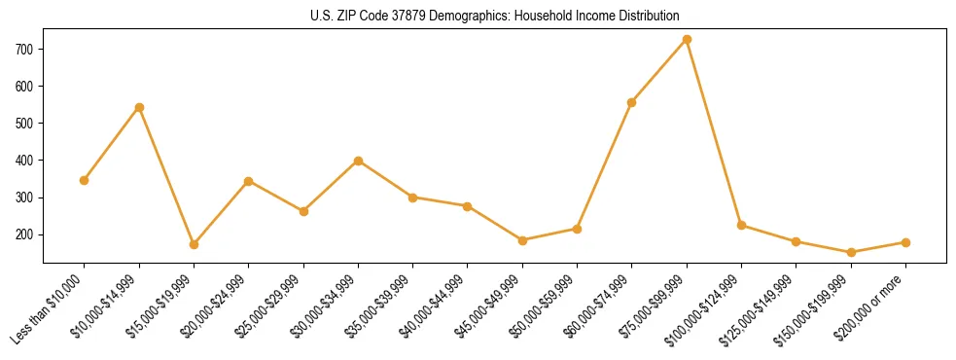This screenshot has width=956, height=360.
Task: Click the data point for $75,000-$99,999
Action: pos(687,40)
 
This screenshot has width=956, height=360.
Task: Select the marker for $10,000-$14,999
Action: pos(139,107)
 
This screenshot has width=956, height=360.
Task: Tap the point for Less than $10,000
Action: pos(85,180)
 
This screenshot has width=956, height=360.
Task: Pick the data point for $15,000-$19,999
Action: pos(194,244)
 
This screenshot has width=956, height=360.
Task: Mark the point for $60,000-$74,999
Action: pos(632,102)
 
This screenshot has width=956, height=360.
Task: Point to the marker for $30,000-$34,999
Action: pos(358,161)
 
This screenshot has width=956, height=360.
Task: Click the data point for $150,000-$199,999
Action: pos(851,252)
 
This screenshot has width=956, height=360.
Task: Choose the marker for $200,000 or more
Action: pos(905,242)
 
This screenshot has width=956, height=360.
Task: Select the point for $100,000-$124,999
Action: pos(741,225)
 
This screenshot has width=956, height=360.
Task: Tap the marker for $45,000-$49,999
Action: pos(522,240)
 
